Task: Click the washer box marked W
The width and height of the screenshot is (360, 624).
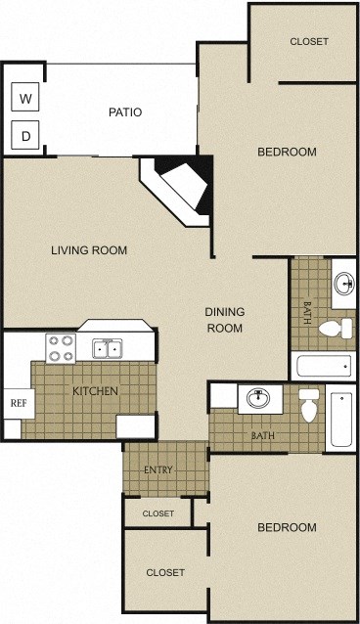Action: tap(25, 98)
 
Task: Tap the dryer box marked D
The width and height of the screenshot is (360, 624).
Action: tap(25, 135)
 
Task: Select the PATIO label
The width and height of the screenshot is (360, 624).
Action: tap(125, 112)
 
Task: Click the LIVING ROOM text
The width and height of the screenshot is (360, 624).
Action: tap(89, 250)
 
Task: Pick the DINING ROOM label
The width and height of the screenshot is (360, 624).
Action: tap(224, 320)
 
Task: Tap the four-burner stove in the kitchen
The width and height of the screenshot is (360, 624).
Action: tap(61, 346)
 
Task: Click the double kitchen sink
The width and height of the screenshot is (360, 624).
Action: tap(107, 347)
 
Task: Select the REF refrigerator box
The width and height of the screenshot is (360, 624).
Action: tap(18, 402)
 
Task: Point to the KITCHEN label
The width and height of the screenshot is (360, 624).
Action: tap(96, 392)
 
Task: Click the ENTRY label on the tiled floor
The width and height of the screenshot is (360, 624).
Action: tap(158, 470)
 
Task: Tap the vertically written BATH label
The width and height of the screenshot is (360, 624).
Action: tap(307, 312)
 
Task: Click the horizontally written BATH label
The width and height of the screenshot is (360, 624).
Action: tap(262, 436)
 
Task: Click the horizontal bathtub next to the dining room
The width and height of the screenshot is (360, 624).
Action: tap(322, 368)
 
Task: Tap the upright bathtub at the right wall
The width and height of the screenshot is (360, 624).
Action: tap(341, 418)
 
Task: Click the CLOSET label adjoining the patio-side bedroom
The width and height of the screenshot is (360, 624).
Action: tap(309, 42)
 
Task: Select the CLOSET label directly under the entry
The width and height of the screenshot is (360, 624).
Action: tap(158, 513)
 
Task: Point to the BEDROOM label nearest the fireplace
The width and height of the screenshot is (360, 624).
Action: tap(287, 152)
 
